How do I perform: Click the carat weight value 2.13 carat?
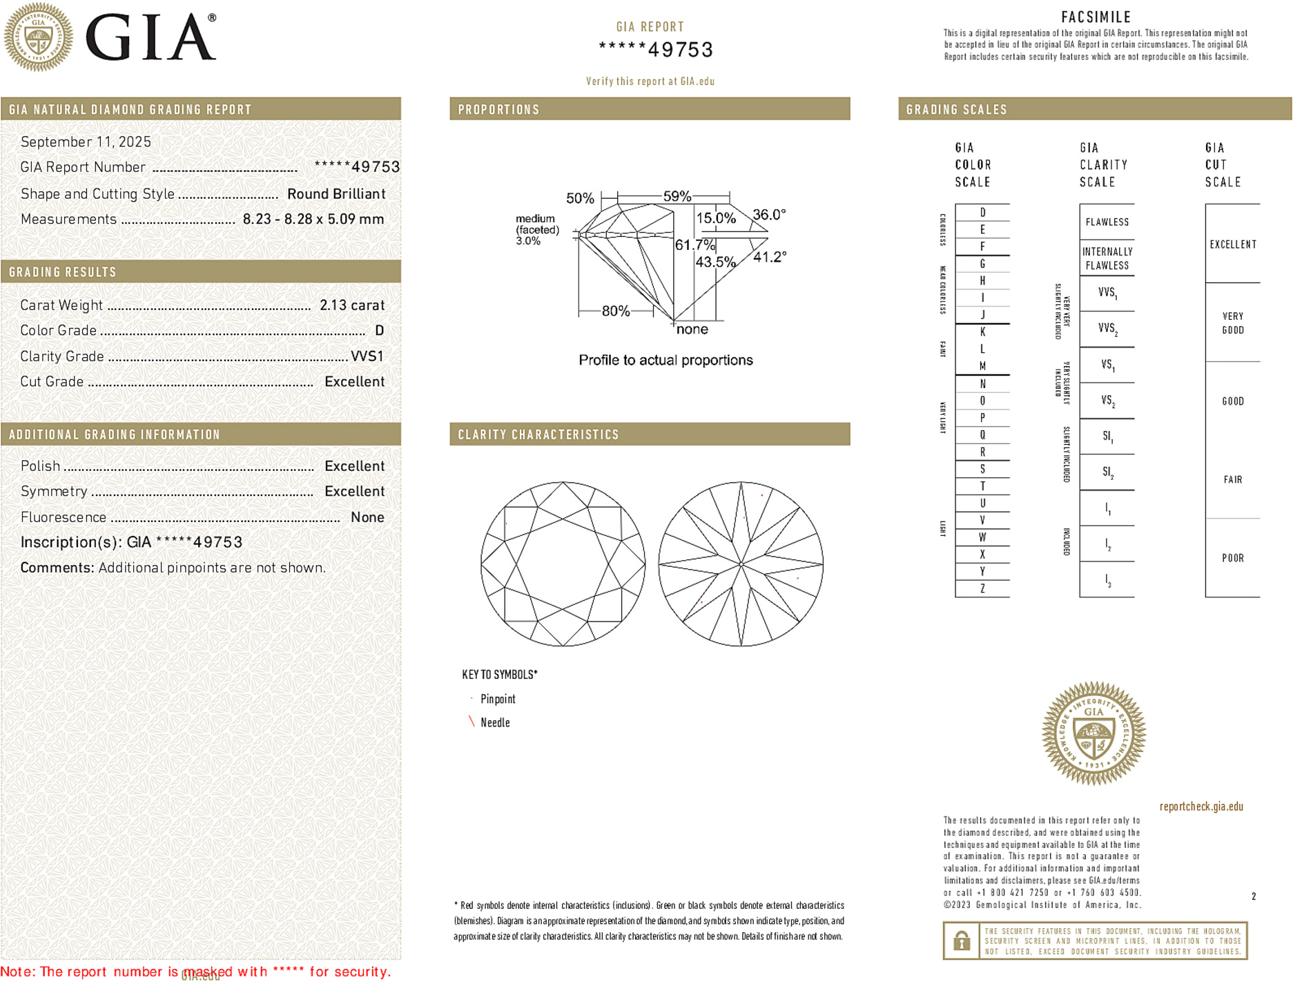click(x=351, y=305)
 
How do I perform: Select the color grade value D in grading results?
click(x=379, y=331)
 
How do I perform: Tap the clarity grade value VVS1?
click(x=367, y=356)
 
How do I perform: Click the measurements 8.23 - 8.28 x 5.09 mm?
click(x=313, y=220)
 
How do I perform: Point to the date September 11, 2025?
click(x=86, y=142)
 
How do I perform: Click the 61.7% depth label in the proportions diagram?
click(x=694, y=245)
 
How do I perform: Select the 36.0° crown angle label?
click(x=768, y=215)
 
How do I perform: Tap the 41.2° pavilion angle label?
click(x=769, y=257)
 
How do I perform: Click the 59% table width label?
click(x=677, y=196)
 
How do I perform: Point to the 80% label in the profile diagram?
click(x=615, y=311)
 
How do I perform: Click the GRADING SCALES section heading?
click(x=956, y=110)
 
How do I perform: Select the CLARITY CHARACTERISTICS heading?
click(x=538, y=434)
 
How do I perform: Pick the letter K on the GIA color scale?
click(x=982, y=332)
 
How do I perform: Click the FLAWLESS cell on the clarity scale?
click(x=1107, y=222)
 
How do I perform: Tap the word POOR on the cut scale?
click(x=1232, y=558)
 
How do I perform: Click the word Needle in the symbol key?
click(x=495, y=722)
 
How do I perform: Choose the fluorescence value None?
click(x=367, y=517)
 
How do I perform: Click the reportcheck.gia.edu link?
click(x=1200, y=807)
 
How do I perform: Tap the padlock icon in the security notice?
click(x=961, y=941)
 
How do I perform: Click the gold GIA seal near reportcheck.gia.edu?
click(x=1093, y=733)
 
